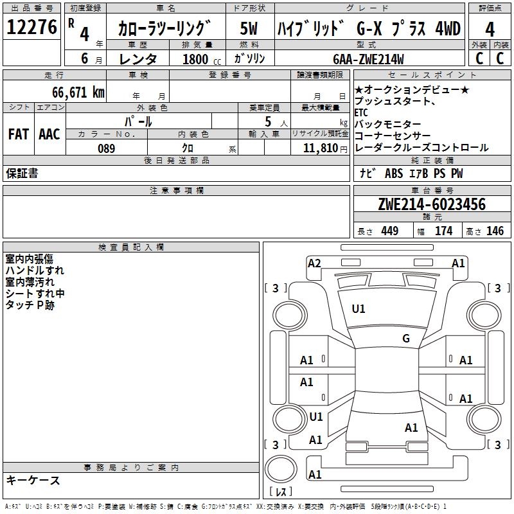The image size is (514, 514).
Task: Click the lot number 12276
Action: coord(31,28)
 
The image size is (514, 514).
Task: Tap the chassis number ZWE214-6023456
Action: coord(432,204)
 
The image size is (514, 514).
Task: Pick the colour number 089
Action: coord(106,148)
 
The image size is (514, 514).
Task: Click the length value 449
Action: coord(389,231)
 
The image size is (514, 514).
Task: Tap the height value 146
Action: coord(495,231)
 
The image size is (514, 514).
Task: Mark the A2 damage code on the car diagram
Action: coord(314,263)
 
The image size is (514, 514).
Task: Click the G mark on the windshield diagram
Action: coord(405,339)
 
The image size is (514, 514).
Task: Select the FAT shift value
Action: coord(19,134)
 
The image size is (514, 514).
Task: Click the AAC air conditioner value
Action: coord(49,134)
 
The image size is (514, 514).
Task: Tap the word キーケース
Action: coord(33,481)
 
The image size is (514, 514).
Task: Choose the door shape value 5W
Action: coord(249,30)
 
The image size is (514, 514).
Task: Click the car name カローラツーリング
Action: coord(164,30)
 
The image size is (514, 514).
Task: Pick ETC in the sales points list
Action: coord(361,113)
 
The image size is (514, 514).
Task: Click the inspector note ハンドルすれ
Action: coord(35,270)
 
